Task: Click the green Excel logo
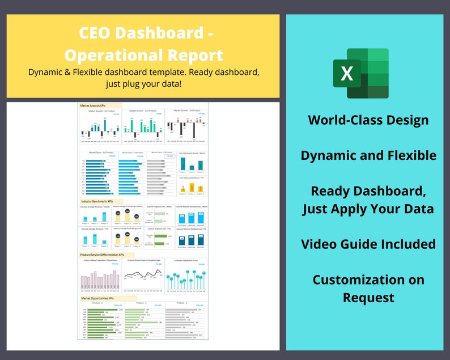(360, 73)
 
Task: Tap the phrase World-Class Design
(368, 120)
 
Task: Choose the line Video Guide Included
(368, 244)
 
